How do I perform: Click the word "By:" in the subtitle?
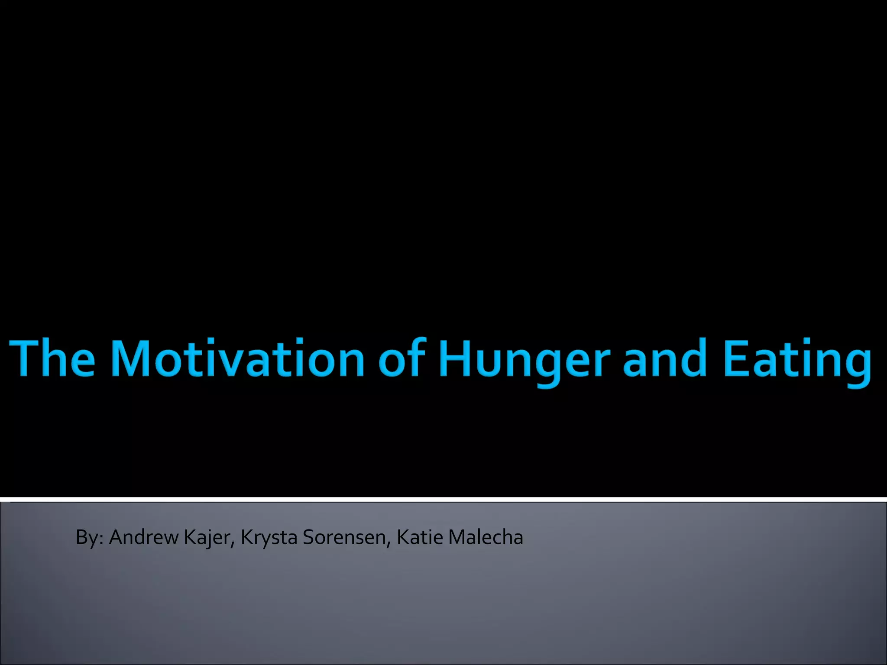point(89,538)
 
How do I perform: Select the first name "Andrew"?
point(144,537)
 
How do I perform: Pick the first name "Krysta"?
point(269,538)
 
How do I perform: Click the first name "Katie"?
point(420,537)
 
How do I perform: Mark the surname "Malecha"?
point(486,537)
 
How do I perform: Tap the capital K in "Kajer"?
point(189,537)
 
